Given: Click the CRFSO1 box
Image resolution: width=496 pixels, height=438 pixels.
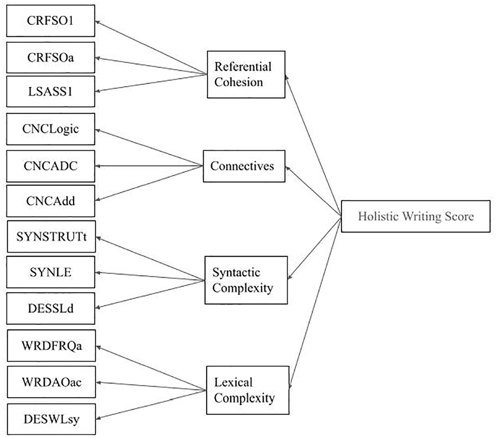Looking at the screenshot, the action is click(x=50, y=21).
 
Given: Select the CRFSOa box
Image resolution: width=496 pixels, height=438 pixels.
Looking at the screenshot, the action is click(x=50, y=58).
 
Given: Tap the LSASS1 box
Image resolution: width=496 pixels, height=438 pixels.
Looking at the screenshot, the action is click(x=50, y=92).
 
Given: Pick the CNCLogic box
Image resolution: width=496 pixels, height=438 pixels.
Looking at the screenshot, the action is click(x=50, y=129).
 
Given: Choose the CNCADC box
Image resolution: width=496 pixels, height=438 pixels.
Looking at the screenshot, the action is click(x=50, y=166).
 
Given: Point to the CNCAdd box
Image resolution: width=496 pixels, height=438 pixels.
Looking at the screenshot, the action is click(x=50, y=201).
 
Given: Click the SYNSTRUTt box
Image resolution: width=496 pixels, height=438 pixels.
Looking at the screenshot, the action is click(x=51, y=237).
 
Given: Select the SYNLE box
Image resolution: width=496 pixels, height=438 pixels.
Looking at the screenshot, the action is click(x=50, y=272).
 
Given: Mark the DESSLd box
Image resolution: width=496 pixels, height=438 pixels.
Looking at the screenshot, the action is click(x=50, y=309).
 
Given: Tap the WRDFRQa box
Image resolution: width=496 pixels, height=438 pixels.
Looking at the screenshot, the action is click(x=51, y=346).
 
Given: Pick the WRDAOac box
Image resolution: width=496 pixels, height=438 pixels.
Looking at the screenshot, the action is click(x=51, y=382).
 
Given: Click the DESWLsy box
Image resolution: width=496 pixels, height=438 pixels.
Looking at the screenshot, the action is click(x=51, y=419).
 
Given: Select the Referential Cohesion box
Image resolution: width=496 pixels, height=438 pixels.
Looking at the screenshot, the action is click(x=246, y=74).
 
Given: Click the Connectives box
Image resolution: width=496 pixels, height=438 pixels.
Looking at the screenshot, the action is click(x=244, y=166).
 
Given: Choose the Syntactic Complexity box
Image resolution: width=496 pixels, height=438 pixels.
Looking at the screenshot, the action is click(x=246, y=280).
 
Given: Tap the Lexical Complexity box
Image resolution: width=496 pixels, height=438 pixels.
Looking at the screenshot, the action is click(x=248, y=390).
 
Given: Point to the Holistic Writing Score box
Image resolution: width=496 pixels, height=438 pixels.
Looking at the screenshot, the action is click(x=416, y=216).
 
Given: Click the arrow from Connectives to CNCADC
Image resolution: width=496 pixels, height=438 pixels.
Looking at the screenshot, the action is click(x=149, y=166).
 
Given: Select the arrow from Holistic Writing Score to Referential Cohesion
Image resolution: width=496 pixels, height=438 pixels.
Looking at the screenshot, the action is click(x=313, y=146).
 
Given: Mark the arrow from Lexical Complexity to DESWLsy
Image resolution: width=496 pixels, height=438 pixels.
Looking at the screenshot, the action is click(x=151, y=405).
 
